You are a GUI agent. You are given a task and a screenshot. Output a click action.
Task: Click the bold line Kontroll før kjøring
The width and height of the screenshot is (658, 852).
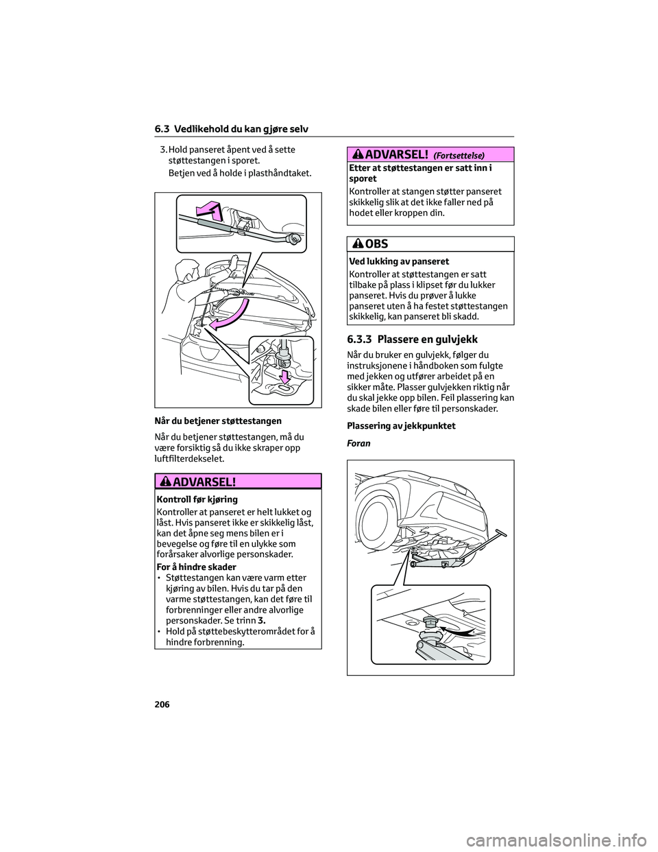coord(197,499)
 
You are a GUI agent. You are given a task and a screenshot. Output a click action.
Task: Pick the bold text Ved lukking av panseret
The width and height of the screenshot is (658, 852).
coord(399,261)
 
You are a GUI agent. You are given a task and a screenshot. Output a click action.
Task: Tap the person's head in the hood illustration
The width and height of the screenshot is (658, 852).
coord(186,270)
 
